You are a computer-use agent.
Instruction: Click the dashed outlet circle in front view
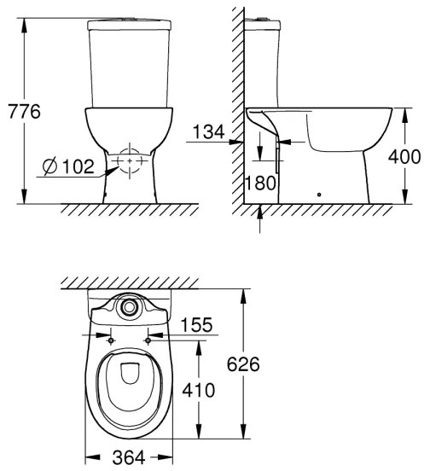(x=129, y=161)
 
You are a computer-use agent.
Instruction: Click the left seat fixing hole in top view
(x=110, y=340)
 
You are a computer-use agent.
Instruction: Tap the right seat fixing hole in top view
(x=148, y=340)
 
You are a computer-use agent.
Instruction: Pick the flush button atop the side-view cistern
(x=267, y=17)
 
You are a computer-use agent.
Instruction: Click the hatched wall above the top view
(x=128, y=282)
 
